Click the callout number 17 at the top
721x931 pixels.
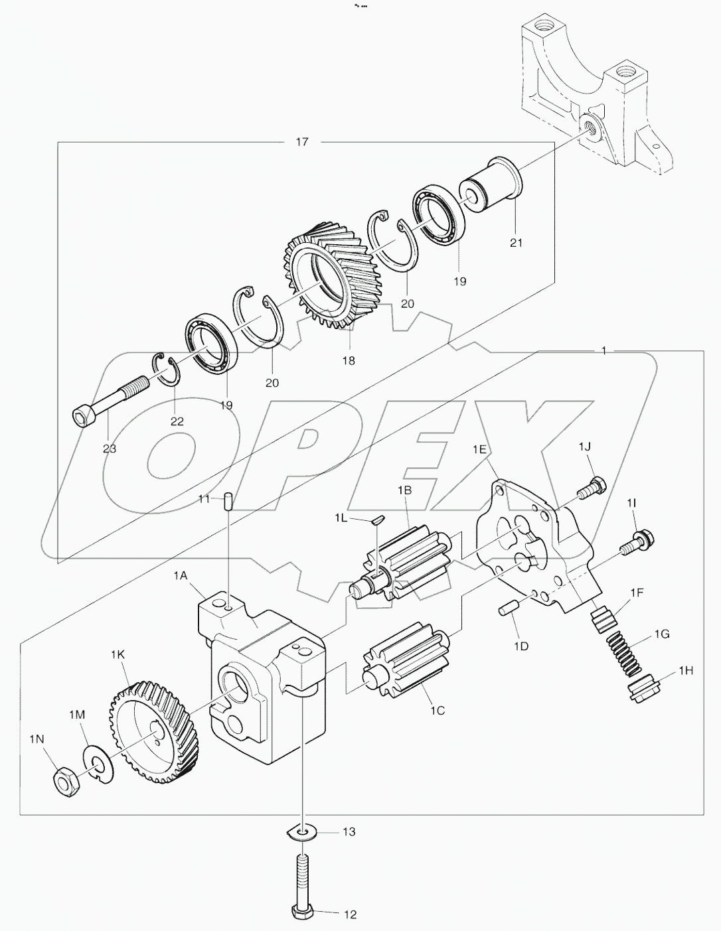pyautogui.click(x=302, y=142)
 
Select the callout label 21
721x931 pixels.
pyautogui.click(x=516, y=243)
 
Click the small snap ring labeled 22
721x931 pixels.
pyautogui.click(x=168, y=370)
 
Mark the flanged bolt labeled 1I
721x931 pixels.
pyautogui.click(x=636, y=539)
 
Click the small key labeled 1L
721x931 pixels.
pyautogui.click(x=376, y=520)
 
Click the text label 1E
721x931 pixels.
pyautogui.click(x=479, y=449)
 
